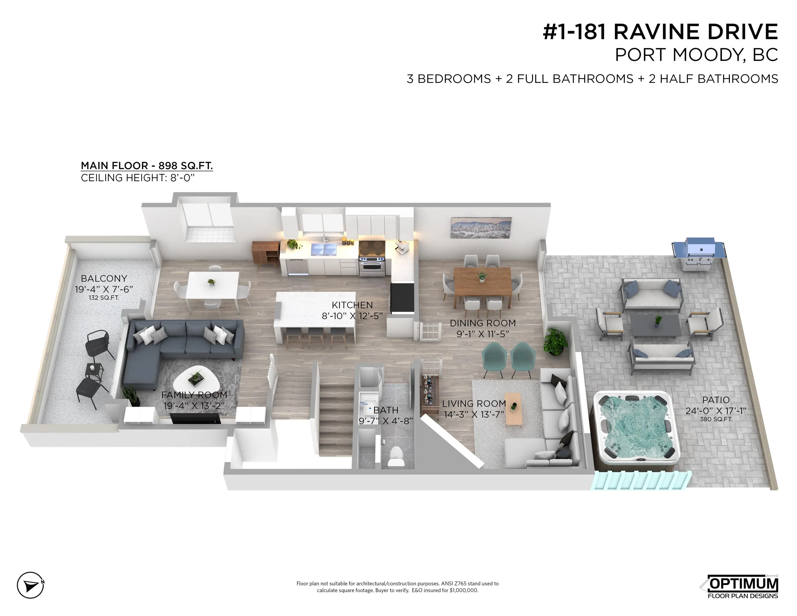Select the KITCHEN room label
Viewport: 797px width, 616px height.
(352, 305)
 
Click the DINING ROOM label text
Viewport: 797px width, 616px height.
(482, 323)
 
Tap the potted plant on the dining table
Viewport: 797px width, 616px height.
(482, 276)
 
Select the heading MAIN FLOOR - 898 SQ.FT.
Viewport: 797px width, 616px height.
(147, 166)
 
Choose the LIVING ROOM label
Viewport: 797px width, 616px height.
(474, 404)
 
